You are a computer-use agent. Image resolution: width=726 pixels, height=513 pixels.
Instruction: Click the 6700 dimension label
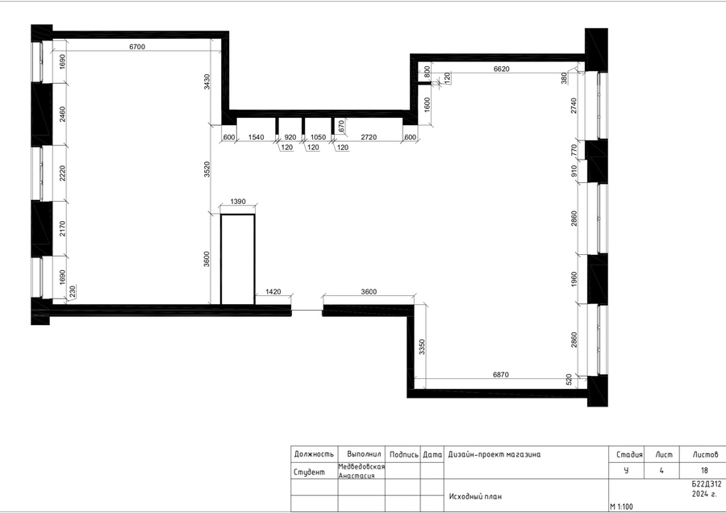point(137,47)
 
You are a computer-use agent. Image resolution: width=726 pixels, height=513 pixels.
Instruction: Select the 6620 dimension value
point(502,69)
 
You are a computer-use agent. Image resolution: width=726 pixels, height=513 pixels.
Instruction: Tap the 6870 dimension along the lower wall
point(501,374)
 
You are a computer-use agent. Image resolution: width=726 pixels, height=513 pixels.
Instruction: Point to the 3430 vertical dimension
point(207,81)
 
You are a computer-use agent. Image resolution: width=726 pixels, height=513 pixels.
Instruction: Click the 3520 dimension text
point(207,169)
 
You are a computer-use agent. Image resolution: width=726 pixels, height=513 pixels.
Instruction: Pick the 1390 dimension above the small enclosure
point(238,202)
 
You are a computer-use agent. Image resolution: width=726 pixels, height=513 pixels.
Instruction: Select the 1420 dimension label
point(273,292)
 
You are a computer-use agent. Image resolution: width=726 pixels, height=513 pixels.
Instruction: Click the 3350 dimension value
point(422,347)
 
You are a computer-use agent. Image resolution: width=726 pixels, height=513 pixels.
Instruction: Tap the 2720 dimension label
point(369,137)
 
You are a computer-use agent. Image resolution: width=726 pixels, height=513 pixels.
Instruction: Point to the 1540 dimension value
point(256,137)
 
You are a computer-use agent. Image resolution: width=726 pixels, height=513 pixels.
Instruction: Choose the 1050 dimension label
point(318,137)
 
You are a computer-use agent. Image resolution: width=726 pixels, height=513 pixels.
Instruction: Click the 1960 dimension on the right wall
point(574,279)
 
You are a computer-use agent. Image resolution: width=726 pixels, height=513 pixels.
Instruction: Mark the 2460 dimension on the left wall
point(62,115)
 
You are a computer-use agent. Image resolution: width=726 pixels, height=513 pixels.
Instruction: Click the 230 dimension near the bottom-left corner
point(73,291)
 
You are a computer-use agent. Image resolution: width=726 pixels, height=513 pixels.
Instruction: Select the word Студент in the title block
point(309,472)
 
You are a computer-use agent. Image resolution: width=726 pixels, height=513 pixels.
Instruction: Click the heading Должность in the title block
point(314,454)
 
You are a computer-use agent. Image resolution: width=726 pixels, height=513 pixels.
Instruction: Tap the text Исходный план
point(475,496)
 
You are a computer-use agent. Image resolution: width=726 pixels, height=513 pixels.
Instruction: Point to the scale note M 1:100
point(621,507)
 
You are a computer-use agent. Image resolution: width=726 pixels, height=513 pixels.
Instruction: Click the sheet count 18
point(704,470)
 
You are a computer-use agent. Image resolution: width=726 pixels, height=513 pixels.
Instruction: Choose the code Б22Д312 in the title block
point(707,484)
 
